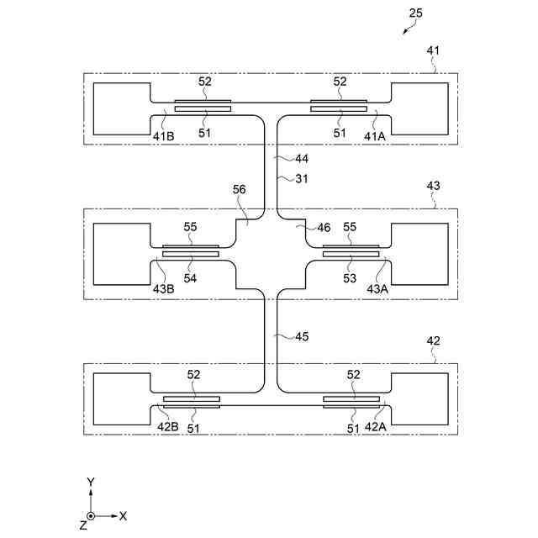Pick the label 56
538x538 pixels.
[240, 190]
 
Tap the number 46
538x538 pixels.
[324, 227]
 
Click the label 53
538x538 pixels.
[350, 277]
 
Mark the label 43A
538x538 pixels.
[377, 288]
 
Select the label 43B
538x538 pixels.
[164, 288]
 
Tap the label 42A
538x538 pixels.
[377, 428]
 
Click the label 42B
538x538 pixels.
[169, 428]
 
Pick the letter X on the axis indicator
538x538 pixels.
[123, 515]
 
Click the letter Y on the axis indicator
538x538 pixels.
[91, 481]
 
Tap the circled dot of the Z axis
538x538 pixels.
[91, 515]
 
